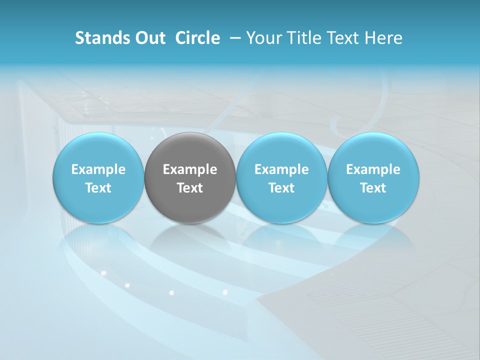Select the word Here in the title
point(383,38)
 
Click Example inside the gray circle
point(190,169)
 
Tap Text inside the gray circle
point(190,188)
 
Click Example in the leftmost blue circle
point(98,169)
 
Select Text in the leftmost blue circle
point(98,188)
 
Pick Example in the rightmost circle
point(373,169)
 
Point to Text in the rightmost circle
point(373,188)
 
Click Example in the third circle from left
point(281,169)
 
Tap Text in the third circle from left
point(281,188)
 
